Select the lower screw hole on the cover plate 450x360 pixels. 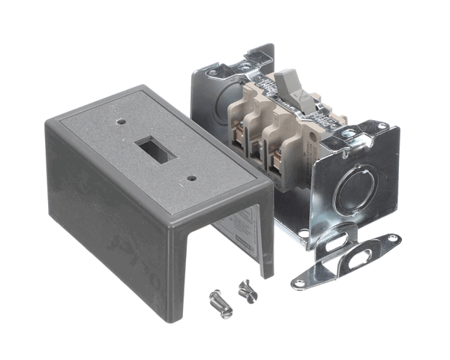(191, 178)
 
